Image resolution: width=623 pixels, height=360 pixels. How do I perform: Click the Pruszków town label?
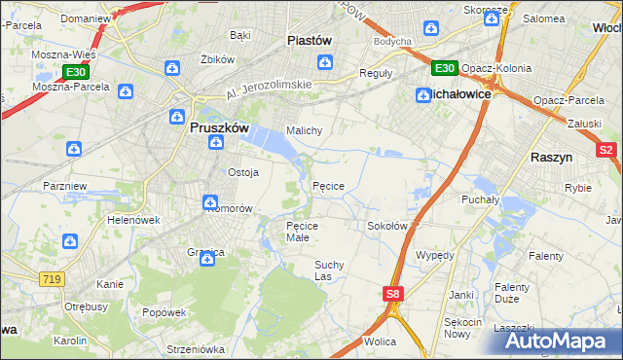point(217,126)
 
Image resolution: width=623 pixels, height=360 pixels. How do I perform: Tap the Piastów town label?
point(310,41)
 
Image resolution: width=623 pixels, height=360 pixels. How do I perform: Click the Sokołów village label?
point(386,226)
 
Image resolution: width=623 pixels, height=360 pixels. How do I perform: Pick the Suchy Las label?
point(329,270)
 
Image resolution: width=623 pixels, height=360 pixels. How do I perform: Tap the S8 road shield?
point(392,293)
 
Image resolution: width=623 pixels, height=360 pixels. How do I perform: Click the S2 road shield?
point(605,150)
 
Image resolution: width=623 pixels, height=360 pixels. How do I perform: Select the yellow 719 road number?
point(52,279)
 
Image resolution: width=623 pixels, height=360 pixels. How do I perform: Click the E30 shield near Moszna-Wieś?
point(76,72)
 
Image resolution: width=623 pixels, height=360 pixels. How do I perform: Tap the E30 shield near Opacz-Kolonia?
point(444,67)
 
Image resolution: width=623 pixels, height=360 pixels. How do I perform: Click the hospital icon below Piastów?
point(326,64)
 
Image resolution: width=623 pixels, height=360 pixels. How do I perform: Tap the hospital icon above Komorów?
point(210,202)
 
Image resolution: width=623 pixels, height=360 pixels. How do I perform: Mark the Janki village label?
point(461,294)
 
